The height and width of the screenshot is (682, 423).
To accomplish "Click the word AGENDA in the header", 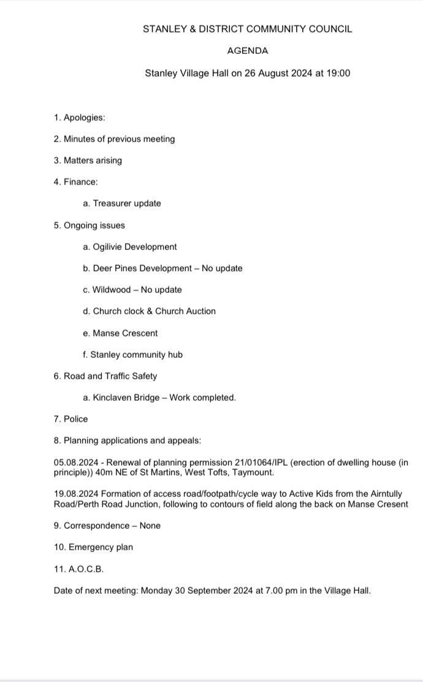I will [x=247, y=51].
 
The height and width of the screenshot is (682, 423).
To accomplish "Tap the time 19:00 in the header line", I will [x=337, y=74].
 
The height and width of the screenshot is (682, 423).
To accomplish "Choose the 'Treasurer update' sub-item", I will [x=126, y=203].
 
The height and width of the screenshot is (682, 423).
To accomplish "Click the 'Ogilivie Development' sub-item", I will [x=134, y=247].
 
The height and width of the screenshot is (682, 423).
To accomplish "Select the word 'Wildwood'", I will [x=111, y=290].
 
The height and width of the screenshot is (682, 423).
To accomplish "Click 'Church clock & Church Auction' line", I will [x=154, y=311].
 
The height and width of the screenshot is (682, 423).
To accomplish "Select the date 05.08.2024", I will [x=75, y=462].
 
